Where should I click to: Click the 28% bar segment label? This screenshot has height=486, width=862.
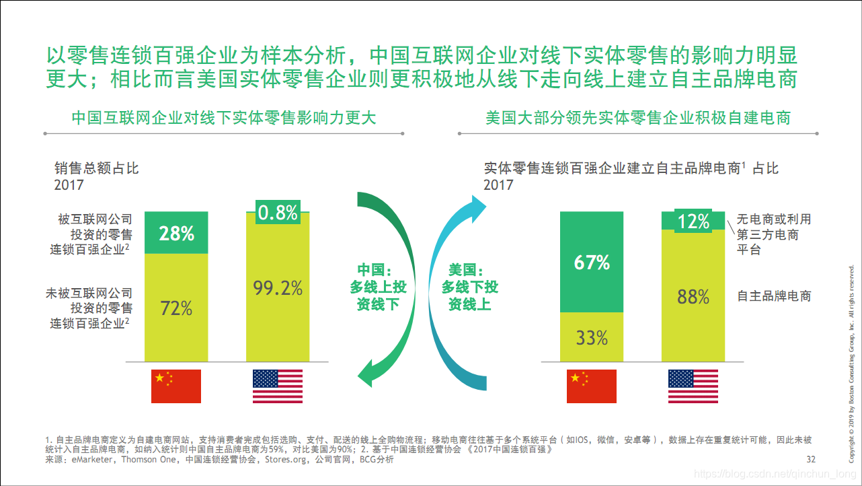point(177,234)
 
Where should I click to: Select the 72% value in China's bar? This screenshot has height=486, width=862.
point(177,308)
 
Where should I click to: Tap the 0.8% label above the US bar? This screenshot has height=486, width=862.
point(278,213)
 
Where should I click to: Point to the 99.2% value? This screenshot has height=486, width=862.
point(278,288)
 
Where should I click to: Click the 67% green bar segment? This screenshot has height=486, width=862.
point(592,263)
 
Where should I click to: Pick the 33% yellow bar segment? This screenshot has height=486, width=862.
point(592,337)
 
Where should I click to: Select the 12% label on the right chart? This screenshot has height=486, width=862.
point(693,221)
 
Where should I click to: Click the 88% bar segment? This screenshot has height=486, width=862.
point(693,296)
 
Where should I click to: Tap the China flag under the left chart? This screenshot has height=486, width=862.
point(176,386)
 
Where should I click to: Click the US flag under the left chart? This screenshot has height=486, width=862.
point(278,386)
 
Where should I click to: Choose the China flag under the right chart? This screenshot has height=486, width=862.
point(592,386)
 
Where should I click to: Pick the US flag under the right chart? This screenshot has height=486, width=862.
point(693,386)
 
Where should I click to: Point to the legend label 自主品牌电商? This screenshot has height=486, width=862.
point(774,296)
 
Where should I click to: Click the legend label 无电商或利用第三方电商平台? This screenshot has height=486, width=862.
point(773,234)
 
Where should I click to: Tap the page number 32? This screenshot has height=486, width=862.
point(810,460)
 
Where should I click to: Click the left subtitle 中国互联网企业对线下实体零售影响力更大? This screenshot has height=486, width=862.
point(224,118)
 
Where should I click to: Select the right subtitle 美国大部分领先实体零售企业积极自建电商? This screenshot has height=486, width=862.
point(638,118)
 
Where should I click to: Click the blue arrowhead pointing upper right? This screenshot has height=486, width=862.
point(478,207)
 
